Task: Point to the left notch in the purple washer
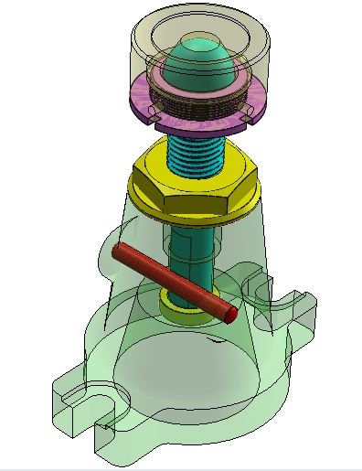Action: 158,119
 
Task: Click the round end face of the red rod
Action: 231,315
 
